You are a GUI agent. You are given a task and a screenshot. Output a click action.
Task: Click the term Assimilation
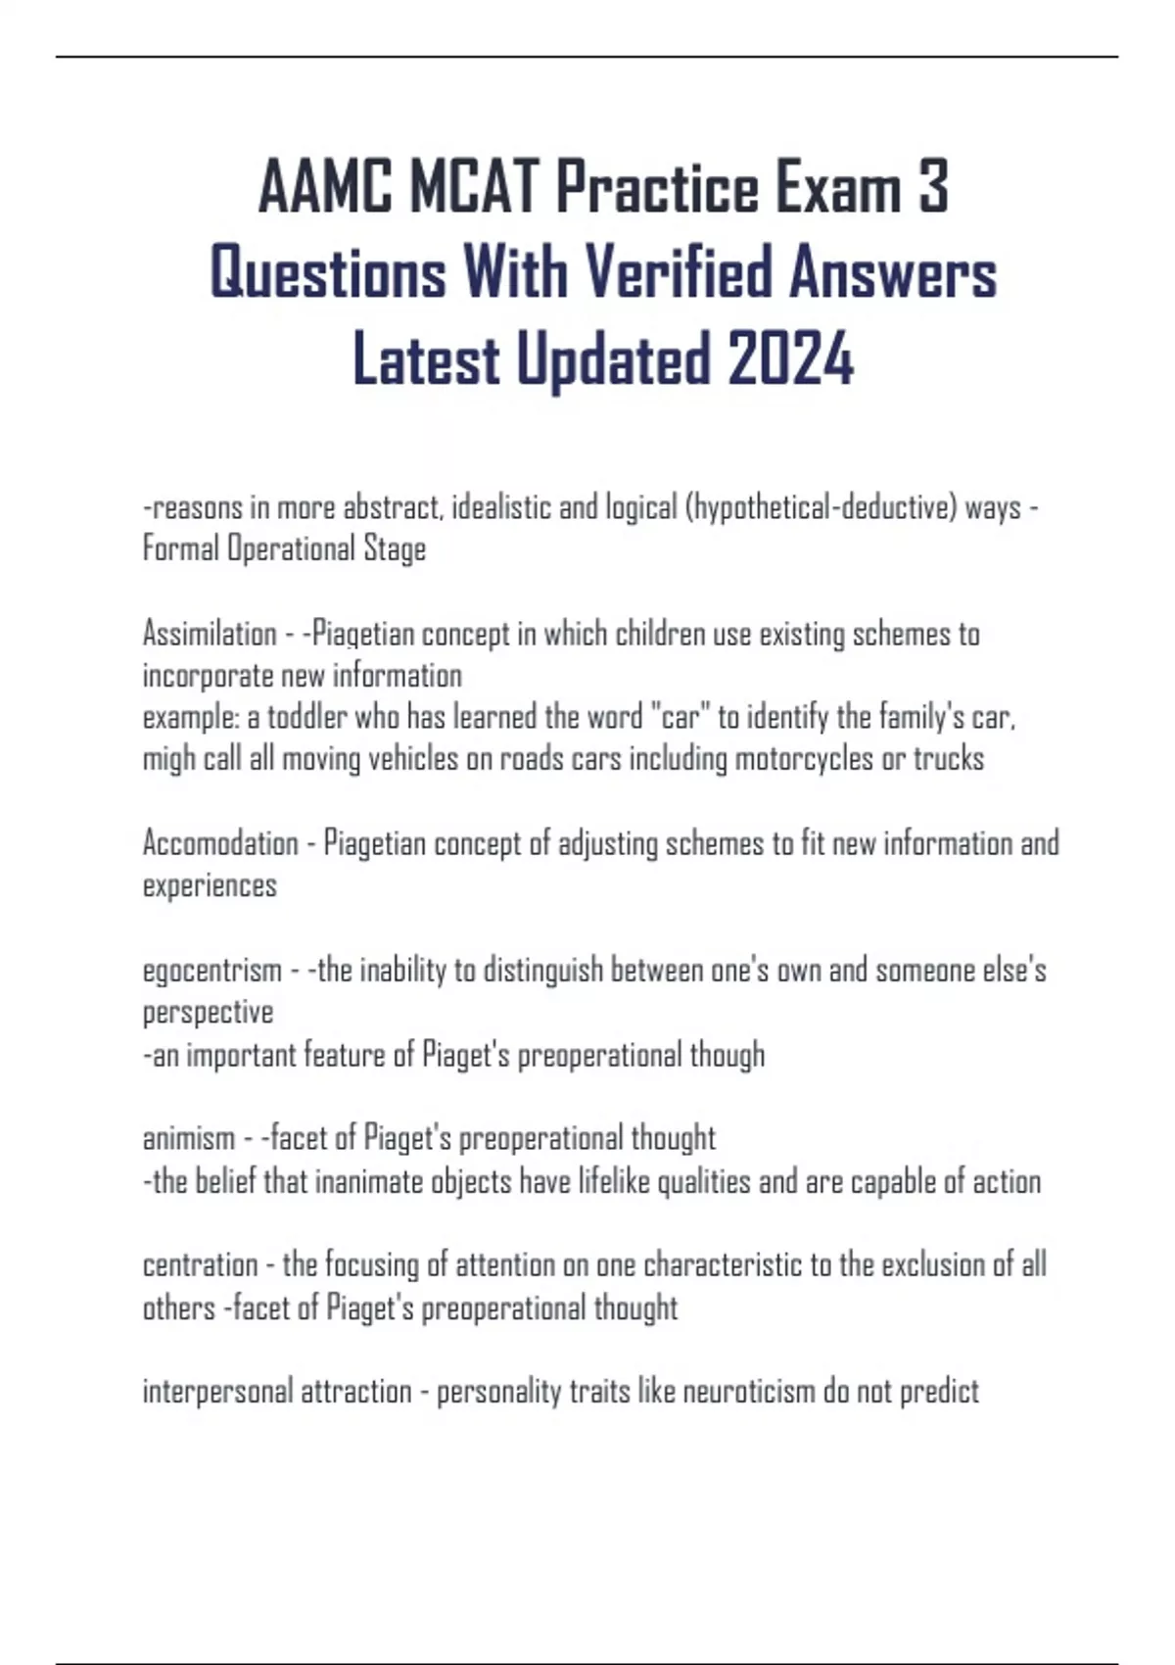210,634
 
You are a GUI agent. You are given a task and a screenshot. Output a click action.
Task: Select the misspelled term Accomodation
220,843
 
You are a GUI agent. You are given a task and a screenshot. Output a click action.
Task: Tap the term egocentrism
211,971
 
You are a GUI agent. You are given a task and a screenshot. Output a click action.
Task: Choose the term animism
189,1138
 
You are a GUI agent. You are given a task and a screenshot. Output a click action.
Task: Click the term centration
199,1264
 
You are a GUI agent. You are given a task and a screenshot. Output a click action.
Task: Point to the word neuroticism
727,1391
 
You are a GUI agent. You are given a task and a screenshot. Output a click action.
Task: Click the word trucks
948,759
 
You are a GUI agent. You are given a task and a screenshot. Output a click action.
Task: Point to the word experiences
210,885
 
